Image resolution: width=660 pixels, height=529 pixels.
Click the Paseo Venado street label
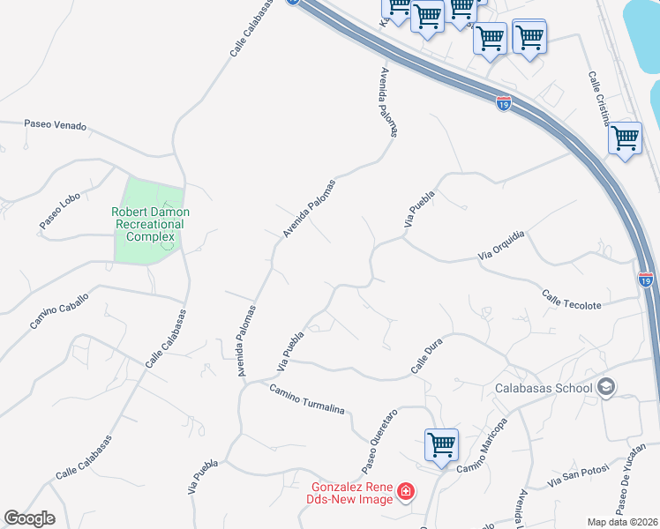pos(56,126)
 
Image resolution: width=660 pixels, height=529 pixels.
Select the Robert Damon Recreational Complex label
pos(151,224)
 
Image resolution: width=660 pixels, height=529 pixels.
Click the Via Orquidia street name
pos(501,244)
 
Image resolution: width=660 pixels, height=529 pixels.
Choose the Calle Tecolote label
pos(572,300)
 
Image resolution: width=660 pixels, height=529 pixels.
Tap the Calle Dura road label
pos(425,359)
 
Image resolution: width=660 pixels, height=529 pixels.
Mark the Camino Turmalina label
pos(304,399)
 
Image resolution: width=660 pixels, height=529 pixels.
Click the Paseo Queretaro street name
pos(380,438)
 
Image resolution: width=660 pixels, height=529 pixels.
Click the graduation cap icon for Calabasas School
pos(606,386)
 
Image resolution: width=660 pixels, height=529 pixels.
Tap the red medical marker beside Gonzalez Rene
pos(406,490)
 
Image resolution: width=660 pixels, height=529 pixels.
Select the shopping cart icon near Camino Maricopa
pos(440,443)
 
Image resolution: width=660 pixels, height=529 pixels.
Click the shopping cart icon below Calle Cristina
pos(625,138)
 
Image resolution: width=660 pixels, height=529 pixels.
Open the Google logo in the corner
pos(29,518)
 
